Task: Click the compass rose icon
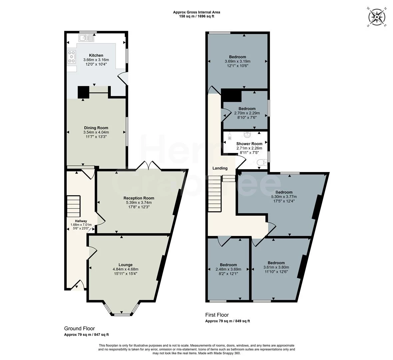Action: pos(377,16)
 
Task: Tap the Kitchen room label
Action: pos(96,55)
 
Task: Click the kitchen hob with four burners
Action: pos(72,57)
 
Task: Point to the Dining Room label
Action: pos(96,128)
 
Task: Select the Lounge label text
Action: pos(125,265)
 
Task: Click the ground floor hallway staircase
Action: pos(74,206)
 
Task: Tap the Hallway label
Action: pos(81,221)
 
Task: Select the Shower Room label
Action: pos(249,144)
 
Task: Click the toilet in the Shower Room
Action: pos(262,162)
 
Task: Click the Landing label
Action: pos(220,168)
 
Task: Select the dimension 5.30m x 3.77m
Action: pos(284,197)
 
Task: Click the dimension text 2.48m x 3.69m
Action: pos(228,269)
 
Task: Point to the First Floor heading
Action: pos(217,315)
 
